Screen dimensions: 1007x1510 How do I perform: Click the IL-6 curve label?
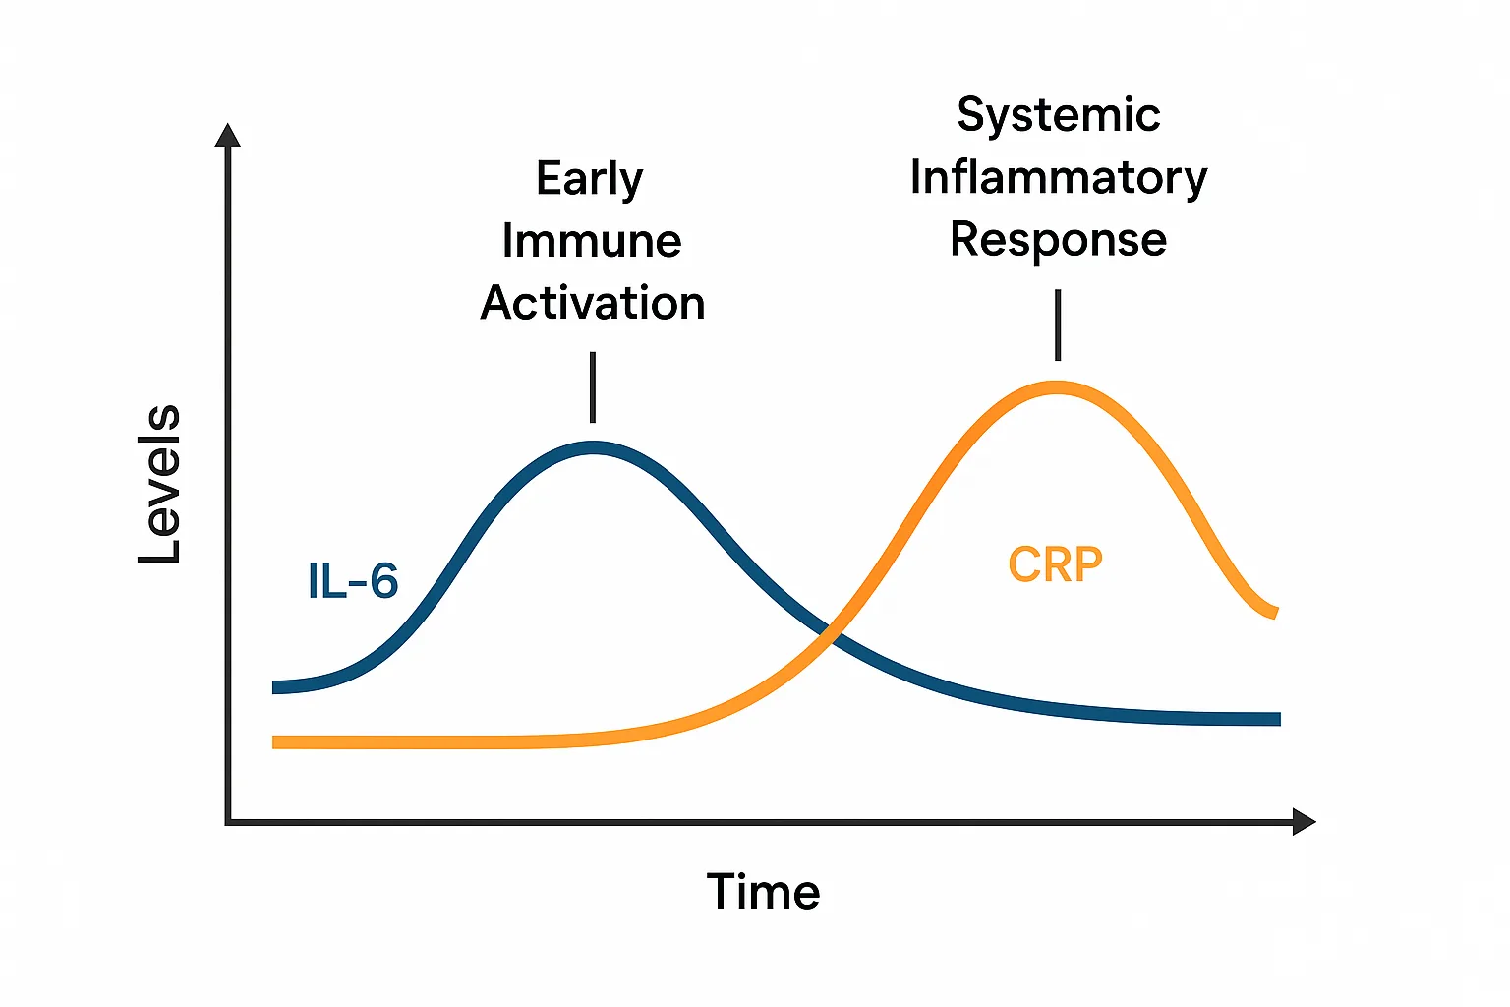pos(353,580)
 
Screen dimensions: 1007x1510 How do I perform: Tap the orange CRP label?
pos(1055,565)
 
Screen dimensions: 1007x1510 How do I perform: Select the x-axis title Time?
pos(763,892)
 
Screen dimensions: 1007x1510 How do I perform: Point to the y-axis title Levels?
pos(159,484)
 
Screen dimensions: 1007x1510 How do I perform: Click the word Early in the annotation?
pos(590,180)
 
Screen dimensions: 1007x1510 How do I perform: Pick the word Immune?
pos(592,241)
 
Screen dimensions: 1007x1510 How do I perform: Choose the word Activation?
pos(593,303)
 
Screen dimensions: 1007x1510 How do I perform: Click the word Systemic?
pos(1059,115)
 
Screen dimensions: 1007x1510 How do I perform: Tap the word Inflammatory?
pos(1059,178)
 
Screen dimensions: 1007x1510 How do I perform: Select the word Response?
pos(1059,240)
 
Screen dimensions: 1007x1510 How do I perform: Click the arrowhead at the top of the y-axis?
pos(228,135)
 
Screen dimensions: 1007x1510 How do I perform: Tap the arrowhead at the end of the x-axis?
pos(1304,822)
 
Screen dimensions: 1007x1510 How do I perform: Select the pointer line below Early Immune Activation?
pos(593,387)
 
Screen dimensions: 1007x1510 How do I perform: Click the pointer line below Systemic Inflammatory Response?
pos(1058,325)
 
